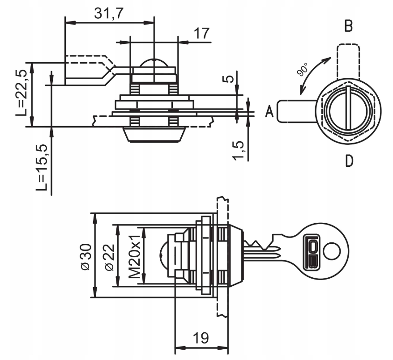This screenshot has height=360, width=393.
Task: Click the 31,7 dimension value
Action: tap(109, 13)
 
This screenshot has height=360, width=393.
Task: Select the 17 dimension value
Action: tap(201, 34)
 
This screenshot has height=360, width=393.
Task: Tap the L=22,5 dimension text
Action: tap(21, 93)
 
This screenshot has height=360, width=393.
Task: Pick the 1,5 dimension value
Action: tap(238, 151)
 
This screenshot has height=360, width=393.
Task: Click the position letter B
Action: tap(349, 26)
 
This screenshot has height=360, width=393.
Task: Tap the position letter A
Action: tap(269, 111)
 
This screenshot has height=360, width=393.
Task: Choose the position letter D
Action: tap(349, 161)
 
